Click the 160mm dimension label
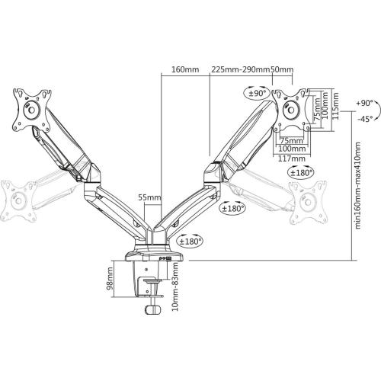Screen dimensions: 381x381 click(185, 69)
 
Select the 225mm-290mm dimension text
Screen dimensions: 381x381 click(241, 69)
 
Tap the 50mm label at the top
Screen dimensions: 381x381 click(282, 69)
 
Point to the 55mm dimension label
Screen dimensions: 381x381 click(149, 197)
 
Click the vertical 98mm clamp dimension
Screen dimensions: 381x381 click(110, 278)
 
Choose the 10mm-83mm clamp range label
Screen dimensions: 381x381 click(175, 287)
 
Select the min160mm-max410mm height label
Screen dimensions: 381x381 click(357, 185)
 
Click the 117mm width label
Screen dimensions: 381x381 click(292, 158)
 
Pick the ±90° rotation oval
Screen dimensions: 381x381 click(258, 93)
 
